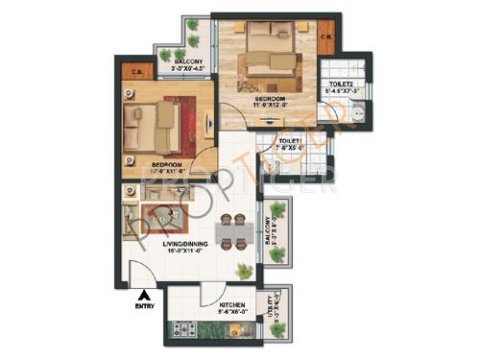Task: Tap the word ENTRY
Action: point(143,308)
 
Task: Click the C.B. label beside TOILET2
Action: point(326,38)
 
